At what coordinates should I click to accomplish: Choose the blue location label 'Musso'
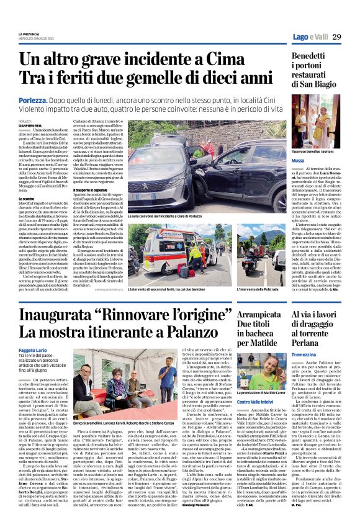pyautogui.click(x=298, y=160)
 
